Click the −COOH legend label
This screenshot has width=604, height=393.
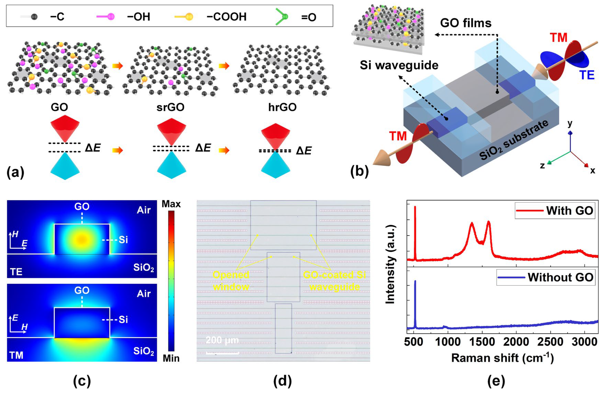226,17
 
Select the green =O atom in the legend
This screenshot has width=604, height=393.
285,17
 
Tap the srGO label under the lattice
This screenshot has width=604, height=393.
170,107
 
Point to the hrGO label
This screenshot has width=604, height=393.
282,107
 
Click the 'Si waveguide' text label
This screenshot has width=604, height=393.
399,65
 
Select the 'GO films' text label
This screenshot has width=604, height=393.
466,23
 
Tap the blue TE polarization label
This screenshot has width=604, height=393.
586,75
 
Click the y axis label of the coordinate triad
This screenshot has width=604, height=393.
570,124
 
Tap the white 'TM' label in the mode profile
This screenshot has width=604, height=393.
16,355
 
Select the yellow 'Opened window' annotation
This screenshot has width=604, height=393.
231,281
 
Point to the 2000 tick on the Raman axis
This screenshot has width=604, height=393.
516,342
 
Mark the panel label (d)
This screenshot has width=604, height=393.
282,381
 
